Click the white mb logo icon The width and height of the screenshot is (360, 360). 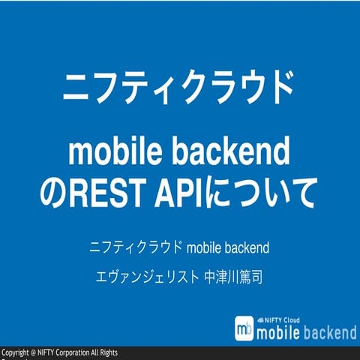(x=243, y=328)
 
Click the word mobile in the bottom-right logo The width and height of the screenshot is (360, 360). (x=279, y=331)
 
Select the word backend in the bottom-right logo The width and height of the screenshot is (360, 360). (x=330, y=331)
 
